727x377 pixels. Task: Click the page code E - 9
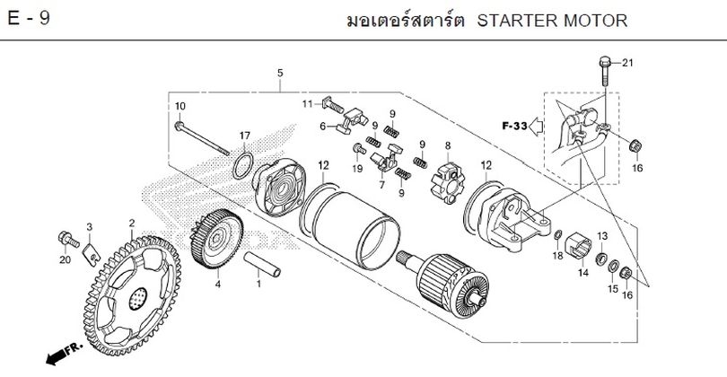[x=28, y=20]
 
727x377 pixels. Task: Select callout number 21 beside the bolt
[x=627, y=62]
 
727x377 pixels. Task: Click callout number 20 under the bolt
[x=64, y=260]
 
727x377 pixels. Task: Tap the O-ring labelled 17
[x=238, y=166]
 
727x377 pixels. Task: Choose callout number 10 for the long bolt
[x=180, y=106]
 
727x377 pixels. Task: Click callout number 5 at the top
[x=280, y=72]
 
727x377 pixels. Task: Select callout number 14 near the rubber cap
[x=582, y=273]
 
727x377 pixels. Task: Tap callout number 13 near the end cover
[x=603, y=235]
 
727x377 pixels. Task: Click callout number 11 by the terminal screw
[x=306, y=105]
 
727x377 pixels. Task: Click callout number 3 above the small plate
[x=90, y=226]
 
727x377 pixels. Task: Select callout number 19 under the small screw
[x=356, y=168]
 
